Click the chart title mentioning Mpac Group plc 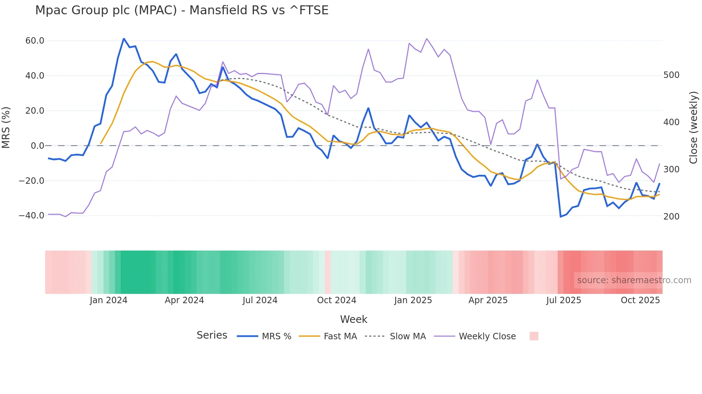(182, 10)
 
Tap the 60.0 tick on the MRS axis (35, 41)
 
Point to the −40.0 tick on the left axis (32, 216)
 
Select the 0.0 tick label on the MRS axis (38, 146)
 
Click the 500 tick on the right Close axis (671, 75)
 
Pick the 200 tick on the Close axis (671, 216)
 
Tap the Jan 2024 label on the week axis (109, 300)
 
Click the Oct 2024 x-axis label (337, 300)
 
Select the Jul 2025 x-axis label (563, 300)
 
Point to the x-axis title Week (354, 319)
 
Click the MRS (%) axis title (6, 128)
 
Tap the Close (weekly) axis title (694, 128)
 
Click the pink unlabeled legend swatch (534, 336)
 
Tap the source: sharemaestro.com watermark (634, 280)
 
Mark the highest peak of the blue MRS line (124, 39)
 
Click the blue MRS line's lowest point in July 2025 (561, 217)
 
